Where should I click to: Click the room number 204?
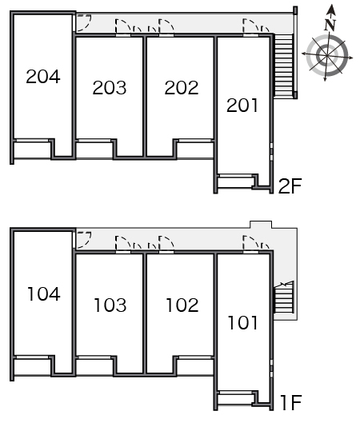(x=43, y=76)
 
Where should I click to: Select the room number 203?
(x=110, y=88)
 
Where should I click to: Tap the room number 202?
(x=182, y=88)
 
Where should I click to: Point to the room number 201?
(x=242, y=106)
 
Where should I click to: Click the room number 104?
(x=44, y=293)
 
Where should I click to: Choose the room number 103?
(x=110, y=305)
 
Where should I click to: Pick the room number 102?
(x=182, y=305)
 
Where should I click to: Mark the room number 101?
(x=242, y=322)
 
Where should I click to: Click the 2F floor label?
(x=290, y=186)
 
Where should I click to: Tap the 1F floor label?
(x=291, y=403)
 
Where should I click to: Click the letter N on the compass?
(x=330, y=25)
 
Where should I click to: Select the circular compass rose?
(x=327, y=55)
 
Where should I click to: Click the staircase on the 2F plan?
(x=283, y=65)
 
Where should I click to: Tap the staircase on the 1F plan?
(x=284, y=297)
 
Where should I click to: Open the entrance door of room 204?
(x=82, y=22)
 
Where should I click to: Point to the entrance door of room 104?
(x=82, y=240)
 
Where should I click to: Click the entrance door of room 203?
(x=123, y=26)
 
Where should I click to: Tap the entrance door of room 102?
(x=166, y=244)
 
